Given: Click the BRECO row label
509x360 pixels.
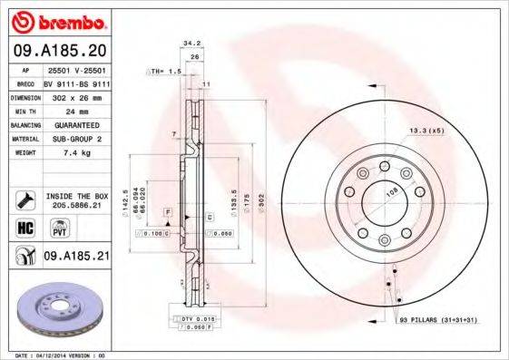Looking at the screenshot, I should click(x=24, y=82).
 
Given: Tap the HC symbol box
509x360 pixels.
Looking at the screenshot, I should click(x=24, y=227).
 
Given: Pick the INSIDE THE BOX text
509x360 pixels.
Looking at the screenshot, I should click(x=76, y=196).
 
